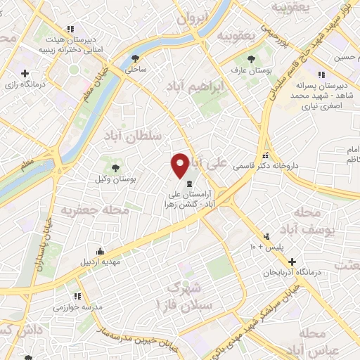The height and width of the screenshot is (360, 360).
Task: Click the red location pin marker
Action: click(x=181, y=165)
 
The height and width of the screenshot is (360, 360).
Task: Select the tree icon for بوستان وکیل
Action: click(x=114, y=167)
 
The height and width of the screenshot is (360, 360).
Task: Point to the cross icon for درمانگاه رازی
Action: click(x=25, y=72)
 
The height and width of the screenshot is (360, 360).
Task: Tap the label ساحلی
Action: click(x=135, y=70)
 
